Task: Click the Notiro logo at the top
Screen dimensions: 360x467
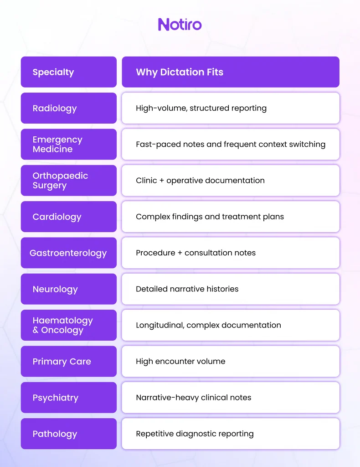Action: coord(180,25)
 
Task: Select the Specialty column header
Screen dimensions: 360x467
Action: coord(69,72)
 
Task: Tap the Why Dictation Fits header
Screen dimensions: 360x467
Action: coord(231,72)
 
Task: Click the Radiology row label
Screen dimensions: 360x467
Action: coord(69,108)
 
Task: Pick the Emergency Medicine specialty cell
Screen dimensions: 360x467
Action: coord(69,145)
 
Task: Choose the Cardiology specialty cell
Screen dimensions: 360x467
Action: coord(69,217)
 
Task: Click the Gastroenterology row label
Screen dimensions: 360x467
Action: coord(69,253)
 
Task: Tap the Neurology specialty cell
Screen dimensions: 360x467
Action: coord(69,289)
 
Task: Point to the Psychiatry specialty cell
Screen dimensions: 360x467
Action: coord(69,398)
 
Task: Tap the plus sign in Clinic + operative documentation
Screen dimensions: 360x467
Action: coord(162,181)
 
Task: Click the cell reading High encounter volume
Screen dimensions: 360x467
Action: coord(231,362)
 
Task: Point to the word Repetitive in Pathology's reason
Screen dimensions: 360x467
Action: coord(155,434)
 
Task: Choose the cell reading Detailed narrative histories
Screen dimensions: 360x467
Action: coord(231,289)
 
